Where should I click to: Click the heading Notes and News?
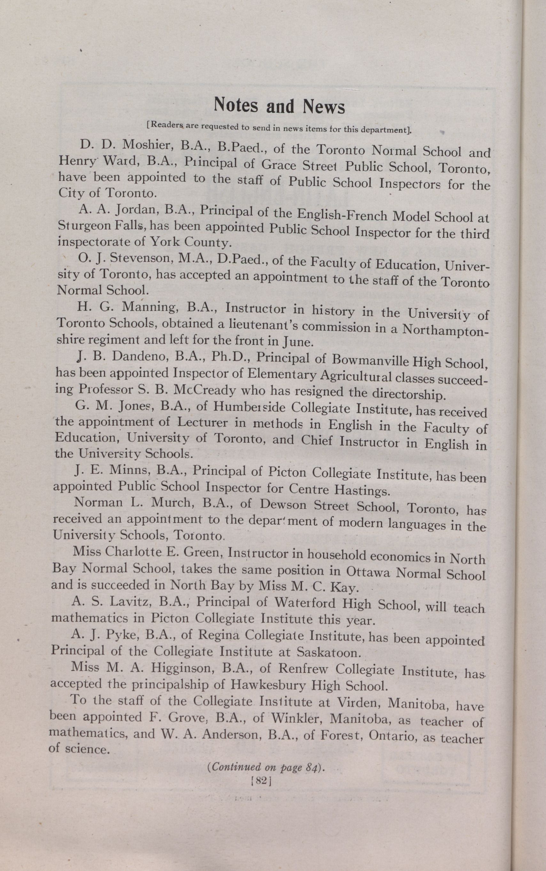click(279, 106)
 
